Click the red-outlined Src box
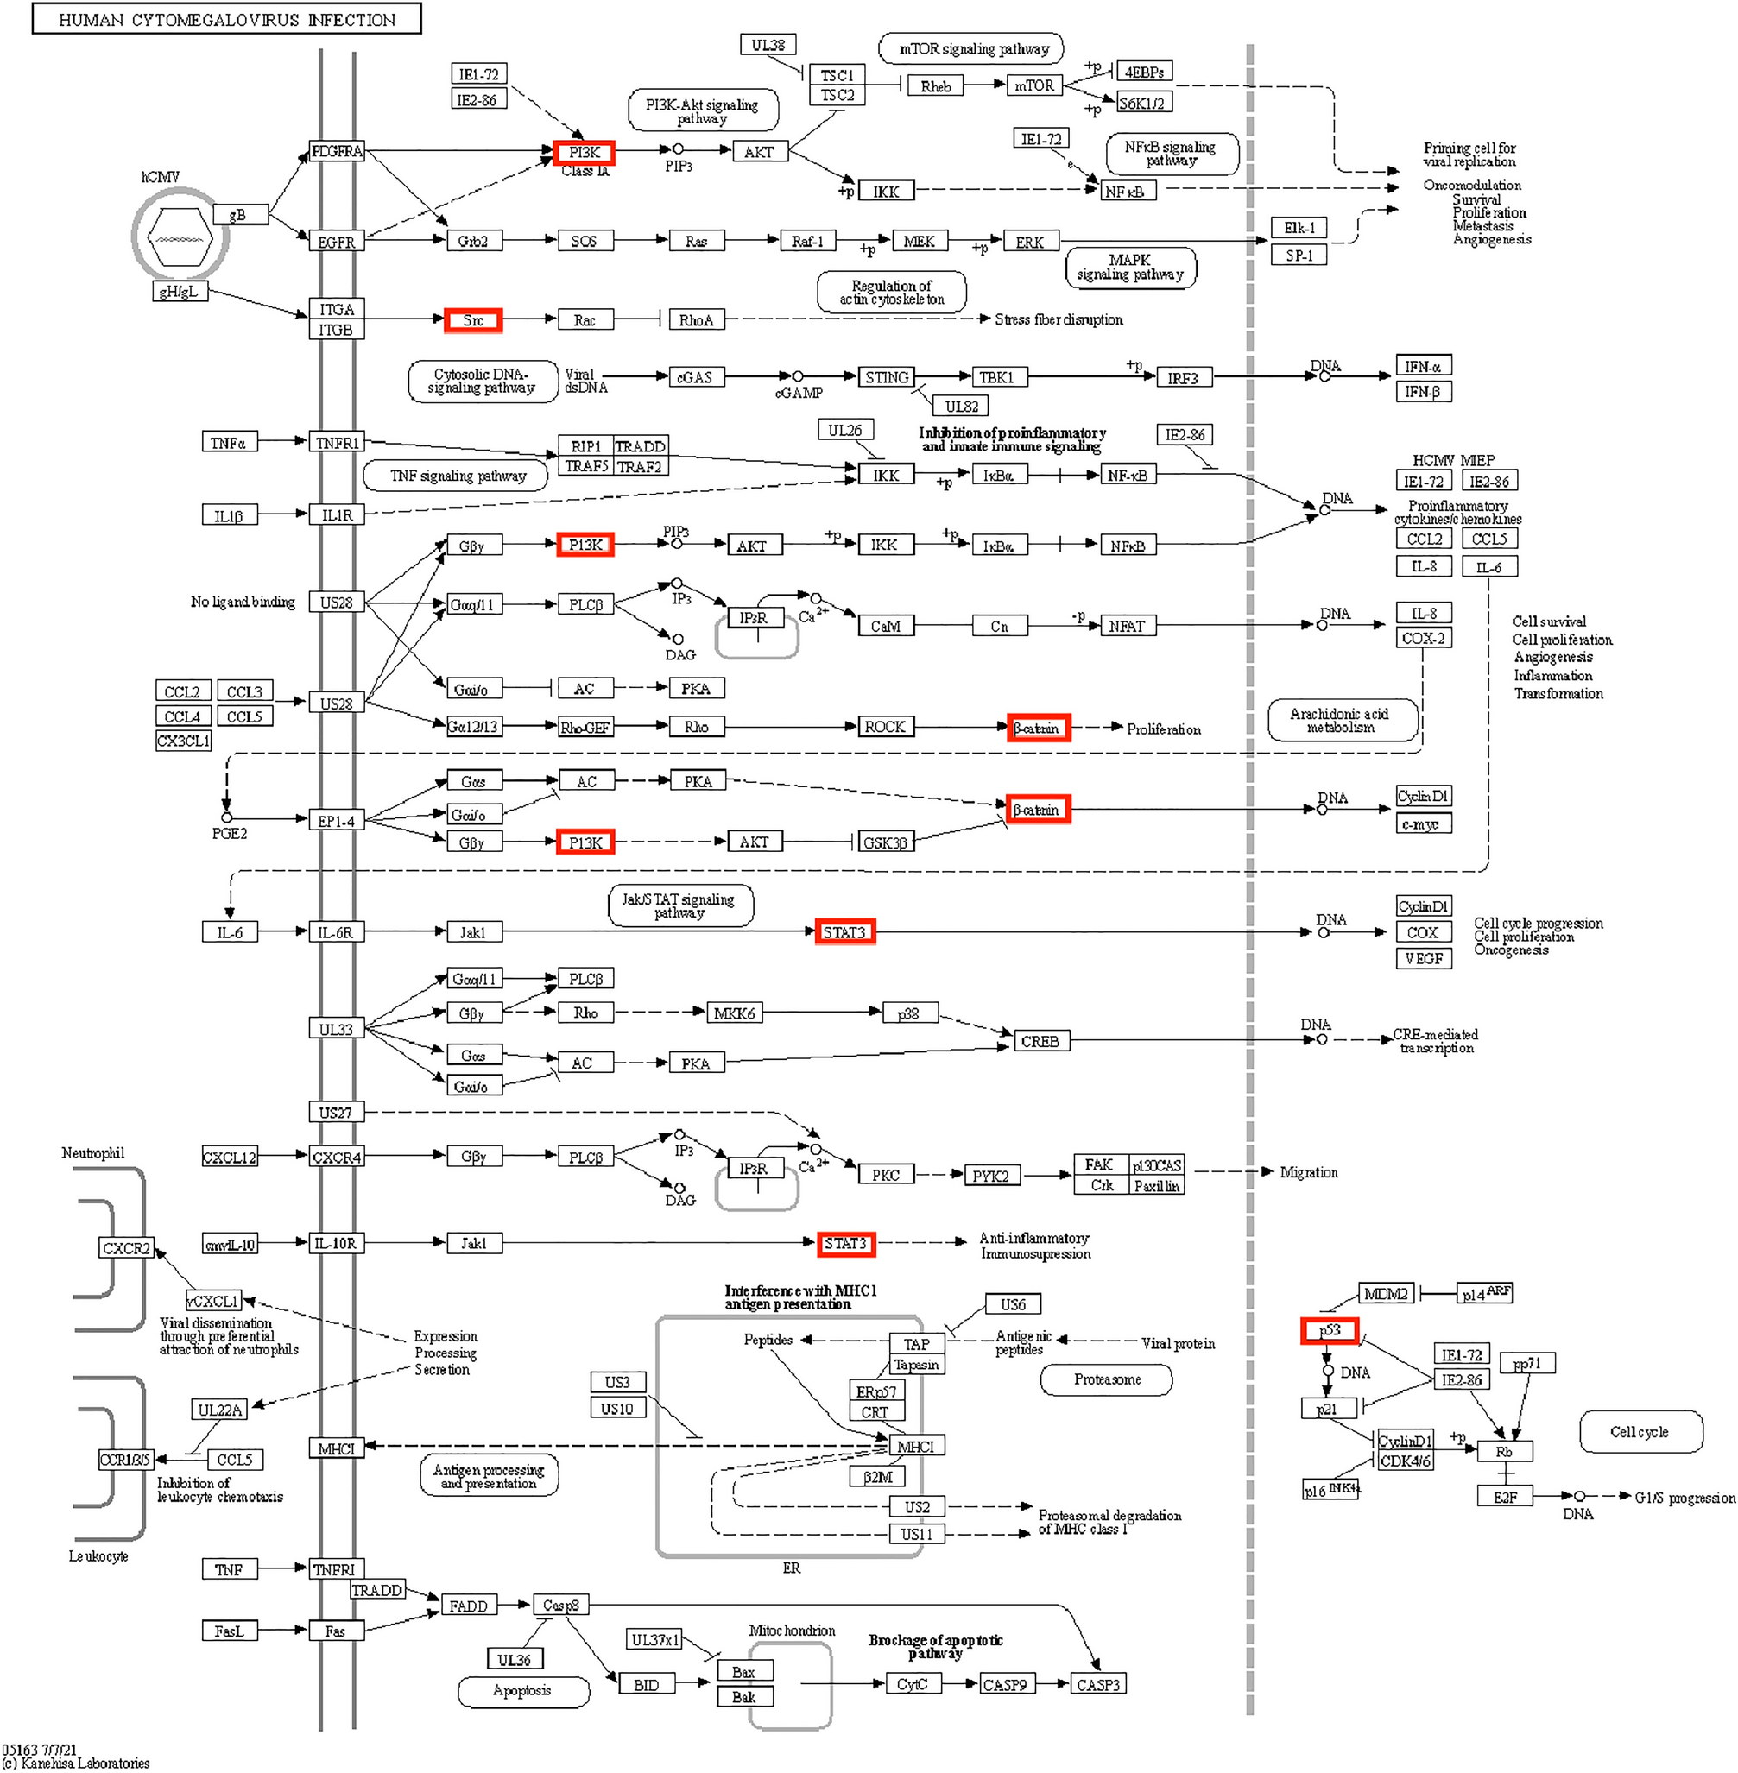pos(473,320)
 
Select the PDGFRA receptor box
pos(337,151)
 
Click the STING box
pos(886,377)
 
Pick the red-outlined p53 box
pos(1329,1330)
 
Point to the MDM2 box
pos(1385,1293)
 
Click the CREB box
pos(1040,1041)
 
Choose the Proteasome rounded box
pos(1106,1379)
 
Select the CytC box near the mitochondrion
pos(912,1683)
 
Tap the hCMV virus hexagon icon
pos(180,237)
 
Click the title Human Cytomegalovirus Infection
pos(226,19)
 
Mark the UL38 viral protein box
pos(768,45)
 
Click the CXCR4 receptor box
pos(337,1157)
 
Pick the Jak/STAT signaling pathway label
pos(679,905)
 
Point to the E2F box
pos(1504,1497)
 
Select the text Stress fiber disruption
pos(1058,319)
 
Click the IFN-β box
pos(1422,392)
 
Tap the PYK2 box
pos(990,1176)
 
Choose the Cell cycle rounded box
pos(1640,1432)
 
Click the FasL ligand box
pos(229,1630)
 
